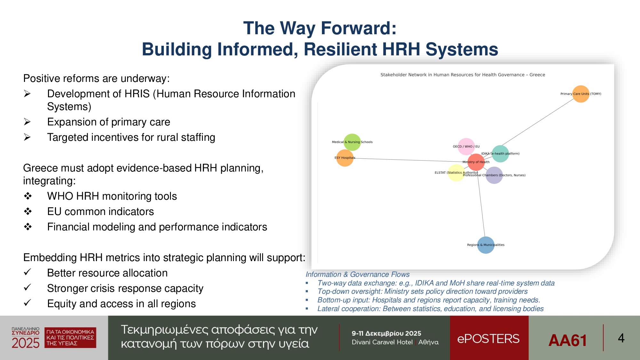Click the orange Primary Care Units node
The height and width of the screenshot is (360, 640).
tap(581, 94)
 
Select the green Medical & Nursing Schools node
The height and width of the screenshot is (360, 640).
tap(352, 142)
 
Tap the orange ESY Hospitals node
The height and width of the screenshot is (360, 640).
tap(345, 158)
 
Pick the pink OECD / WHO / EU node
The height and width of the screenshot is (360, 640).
tap(466, 147)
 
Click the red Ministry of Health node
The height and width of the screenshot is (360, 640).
tap(476, 162)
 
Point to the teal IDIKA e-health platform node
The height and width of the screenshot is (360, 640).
tap(500, 154)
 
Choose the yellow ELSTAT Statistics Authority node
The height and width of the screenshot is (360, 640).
tap(456, 173)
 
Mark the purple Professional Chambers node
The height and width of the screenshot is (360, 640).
tap(494, 175)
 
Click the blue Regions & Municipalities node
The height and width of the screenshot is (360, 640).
tap(486, 245)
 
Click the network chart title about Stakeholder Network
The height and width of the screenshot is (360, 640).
tap(463, 75)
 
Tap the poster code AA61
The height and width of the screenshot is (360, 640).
tap(568, 340)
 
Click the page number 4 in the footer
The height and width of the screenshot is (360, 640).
tap(621, 338)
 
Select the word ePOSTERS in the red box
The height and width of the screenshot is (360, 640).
tap(488, 339)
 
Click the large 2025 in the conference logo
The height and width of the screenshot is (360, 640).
tap(26, 343)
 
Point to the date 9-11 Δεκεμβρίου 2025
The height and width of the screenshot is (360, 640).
tap(386, 333)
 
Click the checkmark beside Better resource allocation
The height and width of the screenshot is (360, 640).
tap(28, 272)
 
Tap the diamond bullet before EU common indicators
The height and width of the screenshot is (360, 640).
tap(28, 211)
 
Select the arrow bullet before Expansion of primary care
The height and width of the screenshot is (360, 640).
tap(27, 122)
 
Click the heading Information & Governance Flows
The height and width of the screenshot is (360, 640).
tap(357, 275)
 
